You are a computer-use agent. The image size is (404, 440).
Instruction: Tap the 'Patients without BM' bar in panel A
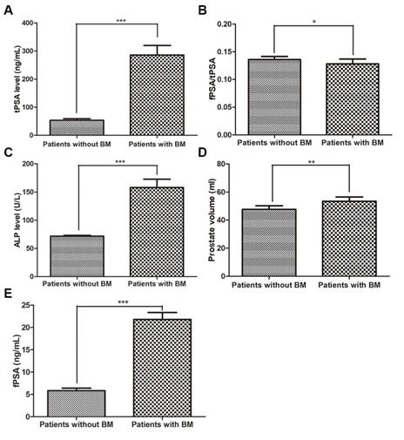[x=75, y=126]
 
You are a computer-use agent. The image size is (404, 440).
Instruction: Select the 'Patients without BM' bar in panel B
[x=274, y=97]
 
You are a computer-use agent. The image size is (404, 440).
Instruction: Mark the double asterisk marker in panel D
[x=314, y=163]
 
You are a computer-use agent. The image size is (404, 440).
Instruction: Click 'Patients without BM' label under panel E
[x=75, y=426]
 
